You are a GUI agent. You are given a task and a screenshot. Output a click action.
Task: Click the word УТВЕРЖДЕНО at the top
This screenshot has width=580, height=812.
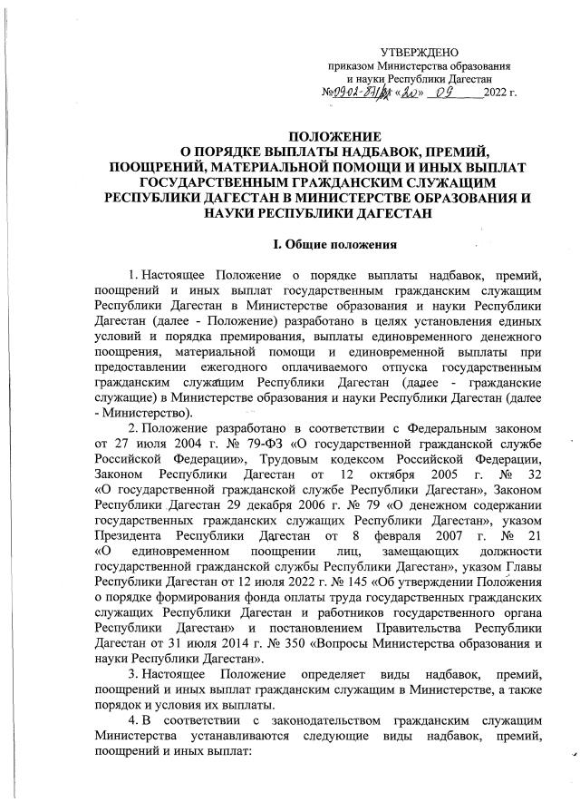coord(418,52)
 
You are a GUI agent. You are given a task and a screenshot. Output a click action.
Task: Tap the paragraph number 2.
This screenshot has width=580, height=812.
coord(132,425)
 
